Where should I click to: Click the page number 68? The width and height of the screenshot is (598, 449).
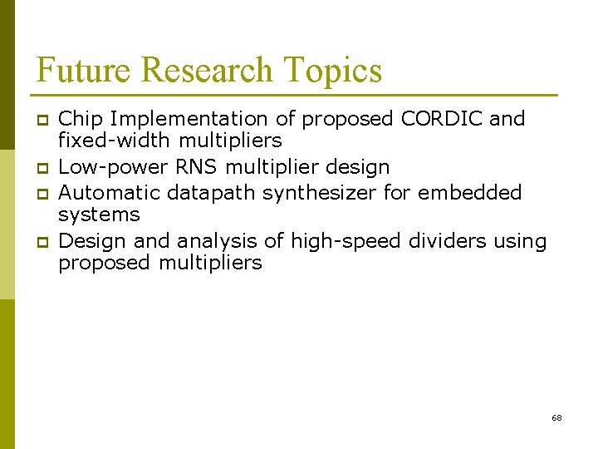pyautogui.click(x=556, y=417)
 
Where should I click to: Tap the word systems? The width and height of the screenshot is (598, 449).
pyautogui.click(x=99, y=215)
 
